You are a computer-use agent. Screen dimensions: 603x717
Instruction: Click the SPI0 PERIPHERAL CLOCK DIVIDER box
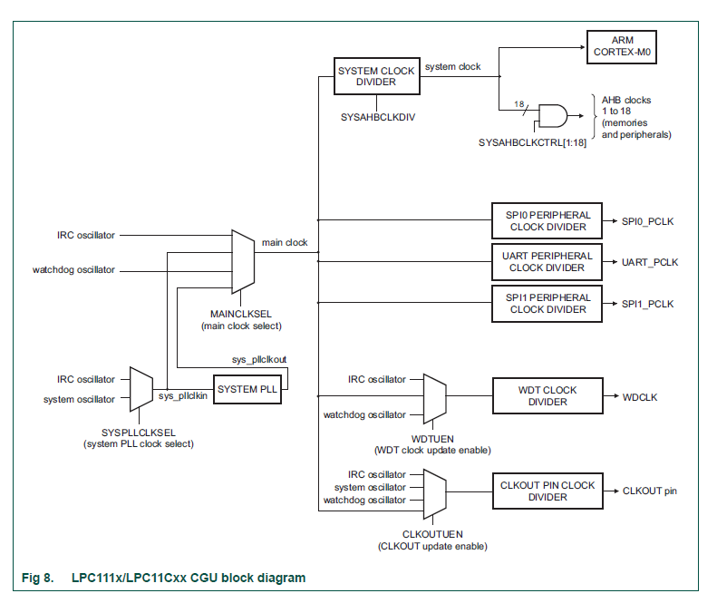coord(548,221)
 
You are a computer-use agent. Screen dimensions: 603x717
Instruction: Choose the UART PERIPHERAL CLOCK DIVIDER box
coord(548,262)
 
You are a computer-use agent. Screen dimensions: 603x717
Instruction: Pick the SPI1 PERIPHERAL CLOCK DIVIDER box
coord(548,304)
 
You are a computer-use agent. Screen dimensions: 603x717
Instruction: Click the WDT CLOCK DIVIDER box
coord(547,396)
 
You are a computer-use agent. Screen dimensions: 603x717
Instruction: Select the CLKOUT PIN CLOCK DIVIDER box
coord(547,491)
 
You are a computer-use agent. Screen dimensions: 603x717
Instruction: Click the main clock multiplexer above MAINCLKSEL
coord(243,261)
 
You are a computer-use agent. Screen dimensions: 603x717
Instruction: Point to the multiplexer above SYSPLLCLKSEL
coord(141,388)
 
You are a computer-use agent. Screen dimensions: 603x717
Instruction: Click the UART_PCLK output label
coord(650,263)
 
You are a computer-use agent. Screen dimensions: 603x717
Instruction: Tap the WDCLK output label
coord(641,397)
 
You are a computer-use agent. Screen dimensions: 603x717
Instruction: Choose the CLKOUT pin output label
coord(649,491)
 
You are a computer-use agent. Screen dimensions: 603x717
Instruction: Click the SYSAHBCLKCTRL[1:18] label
coord(532,143)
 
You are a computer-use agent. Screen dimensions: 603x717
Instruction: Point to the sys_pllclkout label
coord(258,359)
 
